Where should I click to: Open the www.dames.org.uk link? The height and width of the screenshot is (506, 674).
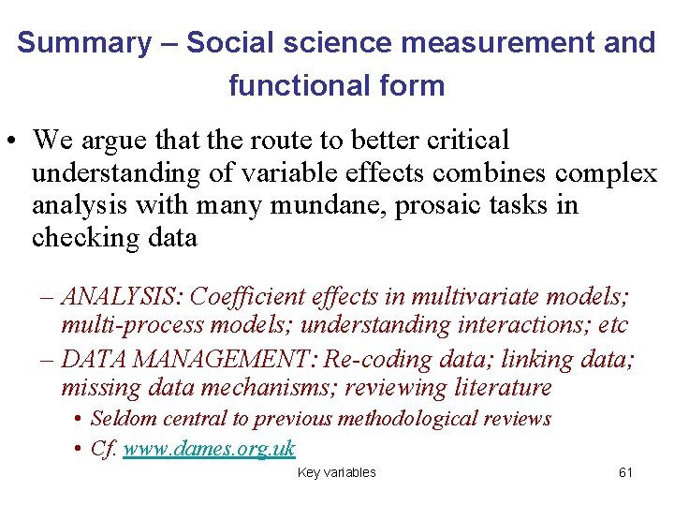209,449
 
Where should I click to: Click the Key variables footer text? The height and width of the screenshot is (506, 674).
336,473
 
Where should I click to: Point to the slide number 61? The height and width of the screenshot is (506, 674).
625,473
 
